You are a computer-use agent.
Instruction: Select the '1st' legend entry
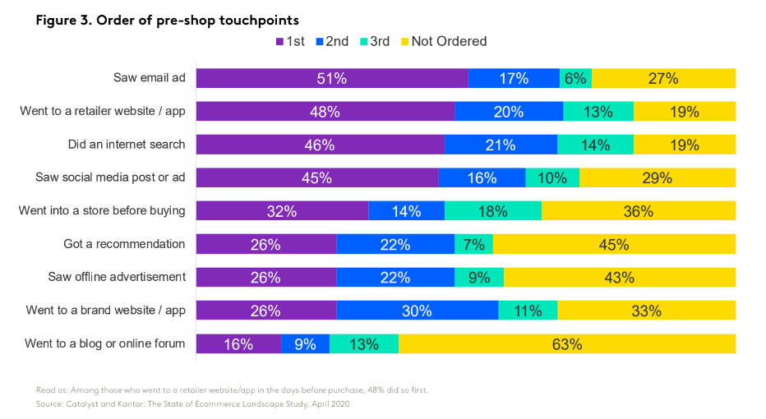(290, 41)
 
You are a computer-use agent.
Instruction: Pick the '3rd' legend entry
(374, 41)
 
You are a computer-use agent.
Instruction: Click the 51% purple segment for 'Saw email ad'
(332, 78)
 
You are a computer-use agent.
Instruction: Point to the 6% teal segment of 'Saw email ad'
(575, 78)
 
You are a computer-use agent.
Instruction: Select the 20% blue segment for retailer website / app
(509, 112)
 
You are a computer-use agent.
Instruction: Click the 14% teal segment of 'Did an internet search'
(595, 145)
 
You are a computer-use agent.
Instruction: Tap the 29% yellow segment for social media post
(658, 177)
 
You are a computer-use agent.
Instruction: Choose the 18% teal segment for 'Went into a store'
(493, 211)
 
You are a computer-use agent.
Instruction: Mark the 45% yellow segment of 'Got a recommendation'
(614, 244)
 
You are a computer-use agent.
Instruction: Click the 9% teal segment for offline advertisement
(479, 278)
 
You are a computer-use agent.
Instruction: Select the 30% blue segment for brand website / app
(417, 311)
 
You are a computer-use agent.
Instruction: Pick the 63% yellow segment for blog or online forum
(567, 344)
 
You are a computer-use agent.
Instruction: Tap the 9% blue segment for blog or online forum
(305, 344)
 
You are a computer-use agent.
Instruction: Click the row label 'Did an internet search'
(127, 145)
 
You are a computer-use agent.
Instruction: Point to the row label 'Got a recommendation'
(124, 244)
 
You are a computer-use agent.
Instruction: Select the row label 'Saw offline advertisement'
(117, 278)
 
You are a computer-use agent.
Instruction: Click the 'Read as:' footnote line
(232, 390)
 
